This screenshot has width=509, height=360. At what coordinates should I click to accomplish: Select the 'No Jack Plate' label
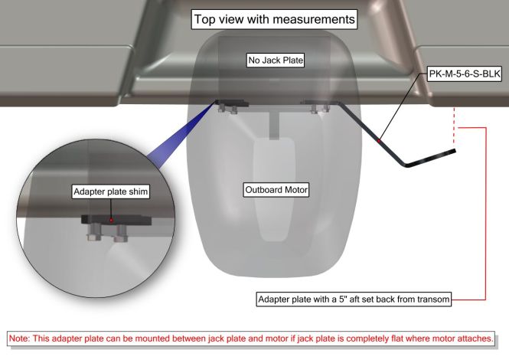point(275,60)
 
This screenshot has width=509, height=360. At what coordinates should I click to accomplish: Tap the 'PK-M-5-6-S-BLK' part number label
point(465,74)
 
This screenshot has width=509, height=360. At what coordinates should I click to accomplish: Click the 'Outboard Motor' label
point(274,189)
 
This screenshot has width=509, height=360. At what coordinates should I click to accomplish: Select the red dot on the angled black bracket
point(379,140)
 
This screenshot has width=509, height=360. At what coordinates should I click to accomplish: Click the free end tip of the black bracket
point(455,150)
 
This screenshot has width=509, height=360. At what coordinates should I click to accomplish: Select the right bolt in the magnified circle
point(119,235)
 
